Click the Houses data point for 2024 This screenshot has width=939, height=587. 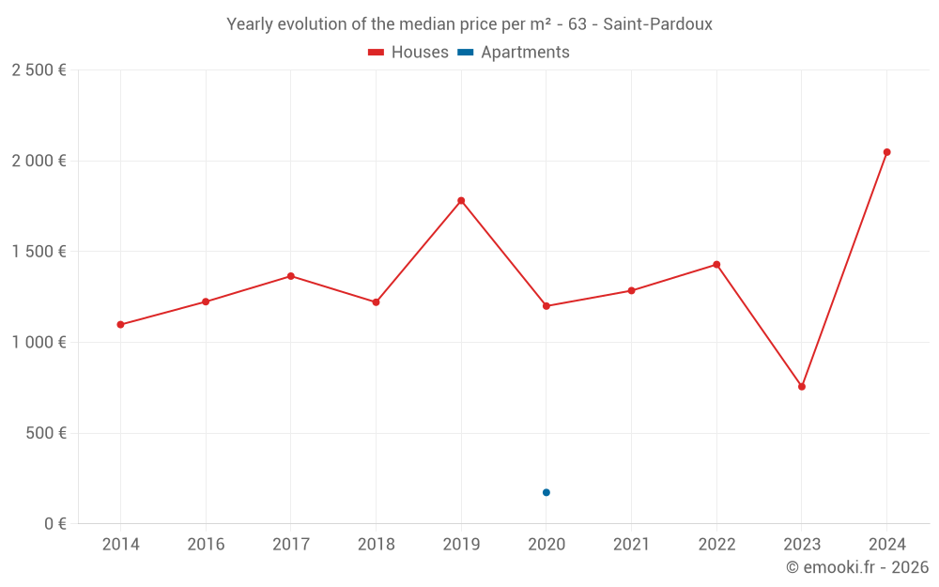coord(886,152)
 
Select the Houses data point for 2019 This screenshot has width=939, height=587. coord(461,200)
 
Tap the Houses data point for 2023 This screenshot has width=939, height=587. coord(802,387)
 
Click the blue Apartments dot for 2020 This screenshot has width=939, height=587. coord(546,492)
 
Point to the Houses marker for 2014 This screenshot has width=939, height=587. coord(120,325)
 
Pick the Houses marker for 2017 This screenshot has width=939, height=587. coord(291,276)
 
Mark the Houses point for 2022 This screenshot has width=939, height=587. coord(716,265)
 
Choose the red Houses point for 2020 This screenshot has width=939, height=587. coord(546,306)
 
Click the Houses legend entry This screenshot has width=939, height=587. coord(408,53)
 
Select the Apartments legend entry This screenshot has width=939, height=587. coord(514,53)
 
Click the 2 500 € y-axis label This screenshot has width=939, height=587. coord(38,70)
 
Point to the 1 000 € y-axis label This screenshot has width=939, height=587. coord(38,343)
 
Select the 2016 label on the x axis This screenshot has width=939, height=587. coord(206,545)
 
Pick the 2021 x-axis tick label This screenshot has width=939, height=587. coord(631,545)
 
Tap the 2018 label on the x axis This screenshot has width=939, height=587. coord(376,545)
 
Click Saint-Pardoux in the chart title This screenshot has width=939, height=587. coord(657,24)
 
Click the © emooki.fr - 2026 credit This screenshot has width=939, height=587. coord(856,567)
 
